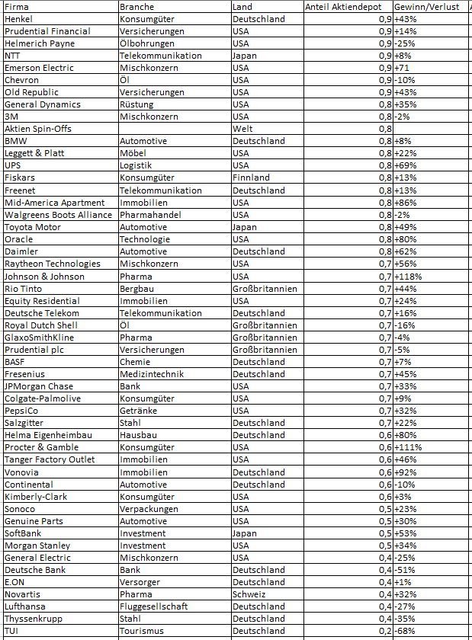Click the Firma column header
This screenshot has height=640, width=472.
[x=17, y=7]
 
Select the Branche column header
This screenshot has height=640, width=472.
[x=136, y=7]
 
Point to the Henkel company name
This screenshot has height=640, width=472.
[x=18, y=19]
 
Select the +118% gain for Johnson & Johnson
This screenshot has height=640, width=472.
[x=409, y=276]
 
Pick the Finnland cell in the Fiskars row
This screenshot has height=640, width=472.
[x=251, y=178]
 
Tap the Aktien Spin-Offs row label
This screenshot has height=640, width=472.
[x=38, y=129]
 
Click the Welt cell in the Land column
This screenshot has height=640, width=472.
[x=242, y=129]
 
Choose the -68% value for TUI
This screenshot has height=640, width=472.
[x=406, y=631]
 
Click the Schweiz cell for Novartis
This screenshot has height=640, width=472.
[x=249, y=594]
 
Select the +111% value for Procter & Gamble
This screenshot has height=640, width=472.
[x=409, y=447]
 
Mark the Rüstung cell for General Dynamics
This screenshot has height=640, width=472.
[x=136, y=104]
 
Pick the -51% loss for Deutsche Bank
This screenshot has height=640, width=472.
[x=406, y=570]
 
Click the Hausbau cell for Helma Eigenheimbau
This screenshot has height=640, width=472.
[x=137, y=435]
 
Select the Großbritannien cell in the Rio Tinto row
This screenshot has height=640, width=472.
[x=265, y=289]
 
